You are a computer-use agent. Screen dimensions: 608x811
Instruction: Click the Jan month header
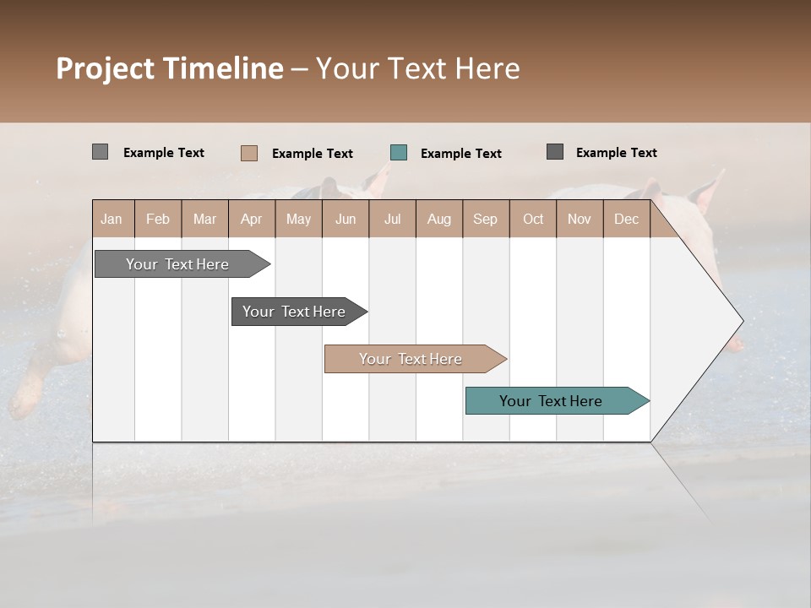(112, 219)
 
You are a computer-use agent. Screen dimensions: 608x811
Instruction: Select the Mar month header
(204, 219)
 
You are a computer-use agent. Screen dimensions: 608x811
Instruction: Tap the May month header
(298, 219)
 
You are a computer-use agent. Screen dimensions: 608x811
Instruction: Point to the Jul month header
(392, 219)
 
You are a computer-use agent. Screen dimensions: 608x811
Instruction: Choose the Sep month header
(485, 219)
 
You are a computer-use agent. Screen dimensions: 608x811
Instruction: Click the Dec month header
(626, 219)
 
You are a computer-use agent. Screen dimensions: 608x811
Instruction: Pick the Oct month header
(533, 219)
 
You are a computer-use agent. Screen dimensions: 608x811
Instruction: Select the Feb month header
(158, 219)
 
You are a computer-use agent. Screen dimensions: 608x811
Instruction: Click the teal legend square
(399, 153)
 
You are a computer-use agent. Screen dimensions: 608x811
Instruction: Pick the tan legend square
(249, 153)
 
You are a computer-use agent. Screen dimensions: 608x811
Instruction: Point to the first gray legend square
(101, 152)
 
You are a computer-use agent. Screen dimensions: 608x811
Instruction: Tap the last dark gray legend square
(555, 152)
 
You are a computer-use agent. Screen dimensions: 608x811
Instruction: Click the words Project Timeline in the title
(169, 68)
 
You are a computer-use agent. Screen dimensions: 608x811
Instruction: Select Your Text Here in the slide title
(417, 68)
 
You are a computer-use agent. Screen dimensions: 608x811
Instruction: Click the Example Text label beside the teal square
(460, 154)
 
